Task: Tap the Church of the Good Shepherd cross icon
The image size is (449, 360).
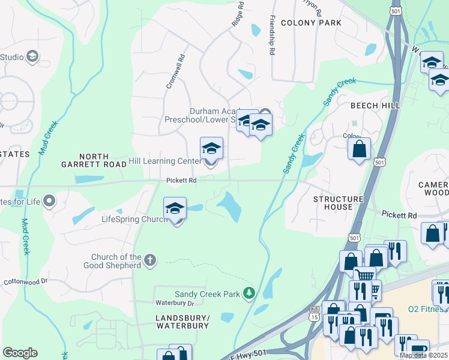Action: pos(150,260)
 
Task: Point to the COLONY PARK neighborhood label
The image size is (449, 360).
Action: pos(310,23)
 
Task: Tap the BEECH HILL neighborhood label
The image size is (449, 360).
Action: pos(375,106)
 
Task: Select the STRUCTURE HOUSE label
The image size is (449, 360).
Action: pos(339,203)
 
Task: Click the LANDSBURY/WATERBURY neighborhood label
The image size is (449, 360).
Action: pos(182,322)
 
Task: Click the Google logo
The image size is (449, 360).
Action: pos(20,353)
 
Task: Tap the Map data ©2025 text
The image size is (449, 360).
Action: pos(423,355)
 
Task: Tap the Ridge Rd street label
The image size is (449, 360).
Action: pos(238,14)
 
